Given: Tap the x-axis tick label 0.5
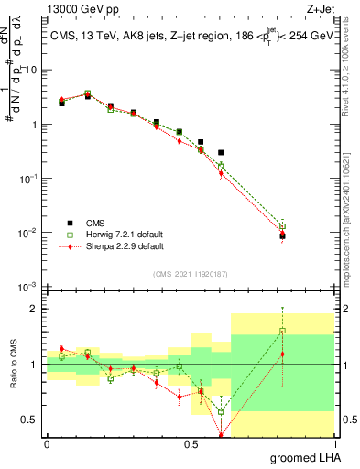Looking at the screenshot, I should tap(191, 444).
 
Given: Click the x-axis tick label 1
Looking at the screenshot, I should tap(336, 444).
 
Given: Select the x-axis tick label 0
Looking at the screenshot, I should tap(47, 444).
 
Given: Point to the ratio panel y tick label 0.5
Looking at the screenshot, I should tap(28, 420).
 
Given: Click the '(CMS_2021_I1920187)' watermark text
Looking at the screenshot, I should tap(191, 274).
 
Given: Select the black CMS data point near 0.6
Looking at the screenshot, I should tap(221, 152).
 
